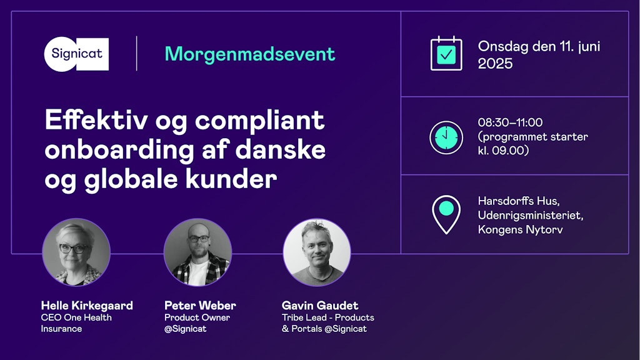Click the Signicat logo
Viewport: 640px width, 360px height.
tap(76, 54)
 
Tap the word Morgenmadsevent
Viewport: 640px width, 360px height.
tap(250, 54)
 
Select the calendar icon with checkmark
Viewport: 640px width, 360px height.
tap(446, 54)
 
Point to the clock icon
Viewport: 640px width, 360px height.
tap(446, 137)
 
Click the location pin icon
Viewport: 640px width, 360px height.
tap(446, 214)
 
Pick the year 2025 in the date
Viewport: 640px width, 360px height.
tap(495, 64)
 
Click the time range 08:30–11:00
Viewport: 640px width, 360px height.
tap(510, 122)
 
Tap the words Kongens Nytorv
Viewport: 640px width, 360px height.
tap(521, 229)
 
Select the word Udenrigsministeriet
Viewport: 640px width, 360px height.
tap(530, 215)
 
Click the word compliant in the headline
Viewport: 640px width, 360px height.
tap(259, 121)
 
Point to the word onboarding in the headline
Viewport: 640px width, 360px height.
tap(119, 151)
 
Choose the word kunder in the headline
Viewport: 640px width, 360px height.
tap(231, 179)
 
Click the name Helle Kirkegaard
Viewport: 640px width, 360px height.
tap(87, 305)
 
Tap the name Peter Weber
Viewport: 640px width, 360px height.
tap(200, 305)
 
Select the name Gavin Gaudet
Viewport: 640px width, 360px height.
tap(320, 305)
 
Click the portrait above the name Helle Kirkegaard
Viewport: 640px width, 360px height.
tap(76, 252)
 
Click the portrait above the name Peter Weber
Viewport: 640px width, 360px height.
tap(197, 252)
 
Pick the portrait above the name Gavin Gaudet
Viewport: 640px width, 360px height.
tap(317, 252)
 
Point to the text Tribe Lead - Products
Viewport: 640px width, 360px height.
tap(327, 317)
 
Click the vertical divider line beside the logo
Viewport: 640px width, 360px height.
tap(137, 54)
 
